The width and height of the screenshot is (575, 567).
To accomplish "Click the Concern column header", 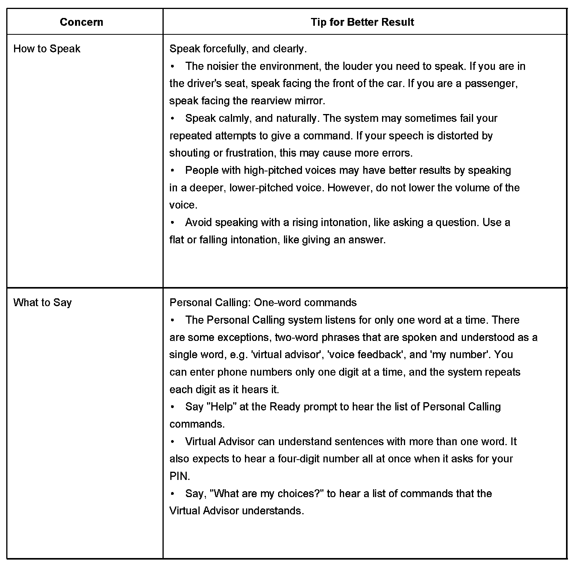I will tap(81, 22).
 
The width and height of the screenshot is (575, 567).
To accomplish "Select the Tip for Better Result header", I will tap(362, 22).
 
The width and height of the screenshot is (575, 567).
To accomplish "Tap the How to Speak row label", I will tap(47, 49).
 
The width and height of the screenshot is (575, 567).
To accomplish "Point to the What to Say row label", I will tap(43, 303).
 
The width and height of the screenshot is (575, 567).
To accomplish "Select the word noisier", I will tap(220, 66).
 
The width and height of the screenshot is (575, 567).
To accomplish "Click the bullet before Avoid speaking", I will tap(172, 223).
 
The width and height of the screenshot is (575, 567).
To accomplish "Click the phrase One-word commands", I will tap(305, 303).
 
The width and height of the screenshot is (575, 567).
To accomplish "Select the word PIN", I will tap(179, 476).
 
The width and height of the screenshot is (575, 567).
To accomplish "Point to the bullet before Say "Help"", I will tap(172, 407).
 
